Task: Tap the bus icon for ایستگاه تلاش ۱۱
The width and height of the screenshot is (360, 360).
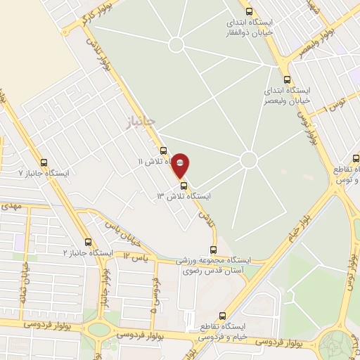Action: coord(163,150)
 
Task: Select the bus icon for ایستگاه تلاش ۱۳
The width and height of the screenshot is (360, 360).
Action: coord(184,186)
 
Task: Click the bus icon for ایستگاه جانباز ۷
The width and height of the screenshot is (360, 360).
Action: coord(44,162)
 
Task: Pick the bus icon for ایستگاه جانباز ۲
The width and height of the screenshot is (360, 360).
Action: coord(88,242)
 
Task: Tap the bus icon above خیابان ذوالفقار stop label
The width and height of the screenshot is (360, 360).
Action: coord(248,11)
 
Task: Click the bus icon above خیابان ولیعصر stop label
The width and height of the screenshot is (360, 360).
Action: coord(286,79)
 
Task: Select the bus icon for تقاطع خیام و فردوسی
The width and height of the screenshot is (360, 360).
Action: coord(223,316)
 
